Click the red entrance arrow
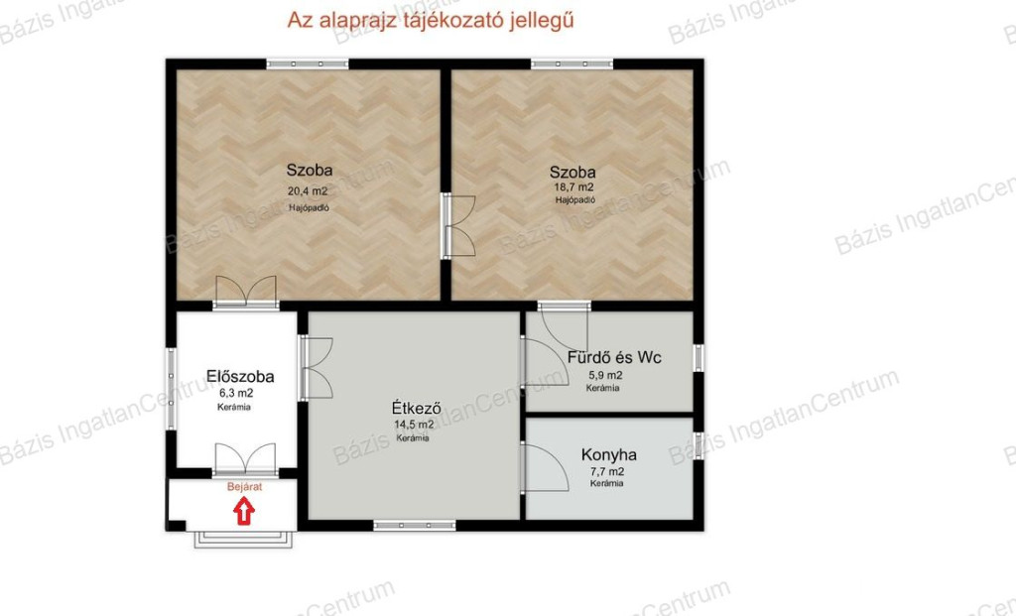tap(244, 511)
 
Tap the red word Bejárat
tap(245, 487)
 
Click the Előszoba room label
tap(240, 376)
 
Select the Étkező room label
tap(417, 408)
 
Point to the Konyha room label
tap(608, 454)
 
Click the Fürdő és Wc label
tap(614, 357)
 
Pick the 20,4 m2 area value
tap(308, 191)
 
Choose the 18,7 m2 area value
tap(574, 187)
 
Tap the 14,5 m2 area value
tap(414, 425)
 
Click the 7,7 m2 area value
tap(607, 471)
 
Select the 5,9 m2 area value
tap(605, 375)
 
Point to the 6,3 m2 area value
tap(236, 393)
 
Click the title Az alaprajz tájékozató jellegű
tap(431, 20)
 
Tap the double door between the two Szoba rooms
tap(458, 226)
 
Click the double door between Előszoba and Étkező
tap(317, 368)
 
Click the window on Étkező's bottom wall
tap(415, 526)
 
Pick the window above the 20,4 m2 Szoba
tap(308, 64)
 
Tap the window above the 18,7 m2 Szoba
tap(572, 64)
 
